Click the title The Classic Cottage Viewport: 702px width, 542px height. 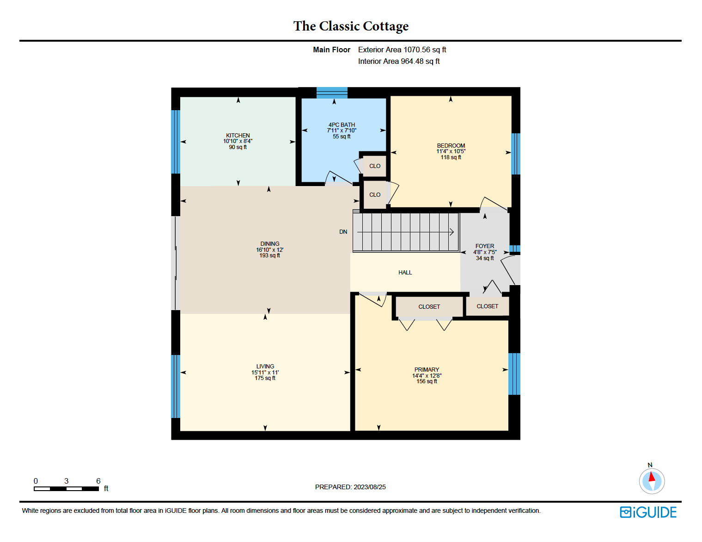pyautogui.click(x=351, y=26)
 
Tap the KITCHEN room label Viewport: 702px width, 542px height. pyautogui.click(x=238, y=136)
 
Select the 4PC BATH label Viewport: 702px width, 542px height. pyautogui.click(x=342, y=125)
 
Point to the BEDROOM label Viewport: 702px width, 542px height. pyautogui.click(x=451, y=146)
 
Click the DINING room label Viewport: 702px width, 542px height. pyautogui.click(x=270, y=244)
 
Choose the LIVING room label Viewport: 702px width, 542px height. pyautogui.click(x=265, y=367)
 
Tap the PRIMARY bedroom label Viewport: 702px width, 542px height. pyautogui.click(x=427, y=370)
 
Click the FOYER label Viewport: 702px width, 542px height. pyautogui.click(x=485, y=246)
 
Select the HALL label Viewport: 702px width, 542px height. pyautogui.click(x=405, y=273)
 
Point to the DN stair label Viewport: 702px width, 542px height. pyautogui.click(x=343, y=232)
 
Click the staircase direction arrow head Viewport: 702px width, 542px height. pyautogui.click(x=452, y=232)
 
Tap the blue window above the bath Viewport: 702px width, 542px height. pyautogui.click(x=332, y=93)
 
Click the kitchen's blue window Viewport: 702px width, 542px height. pyautogui.click(x=176, y=142)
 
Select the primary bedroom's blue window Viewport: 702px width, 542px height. pyautogui.click(x=514, y=374)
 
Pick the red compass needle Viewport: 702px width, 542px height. pyautogui.click(x=652, y=477)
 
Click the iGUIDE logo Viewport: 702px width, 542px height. pyautogui.click(x=648, y=512)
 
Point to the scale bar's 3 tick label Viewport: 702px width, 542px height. pyautogui.click(x=66, y=481)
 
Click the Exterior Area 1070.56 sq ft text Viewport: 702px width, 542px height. pyautogui.click(x=402, y=50)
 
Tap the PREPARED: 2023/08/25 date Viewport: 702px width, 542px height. pyautogui.click(x=350, y=487)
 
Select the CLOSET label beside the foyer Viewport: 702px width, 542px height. pyautogui.click(x=487, y=306)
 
